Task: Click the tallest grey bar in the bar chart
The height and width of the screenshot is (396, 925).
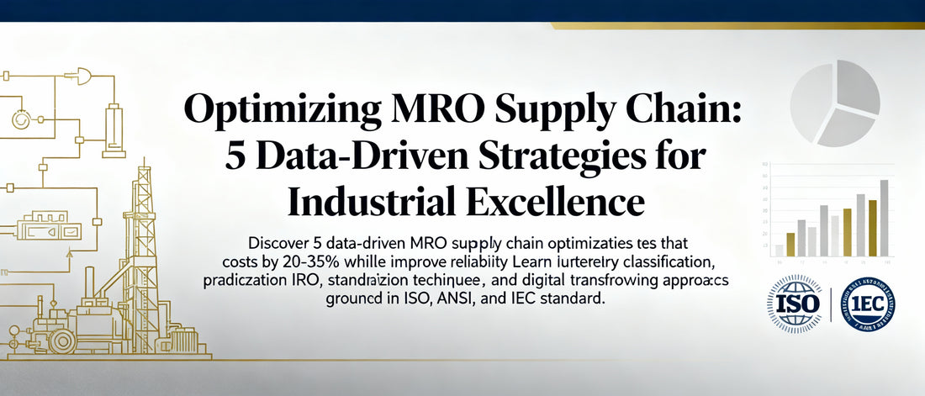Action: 884,217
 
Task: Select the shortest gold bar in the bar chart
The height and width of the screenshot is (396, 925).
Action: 790,244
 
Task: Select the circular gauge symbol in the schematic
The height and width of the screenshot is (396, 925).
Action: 20,119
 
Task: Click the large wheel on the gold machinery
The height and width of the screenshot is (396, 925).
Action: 61,341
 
